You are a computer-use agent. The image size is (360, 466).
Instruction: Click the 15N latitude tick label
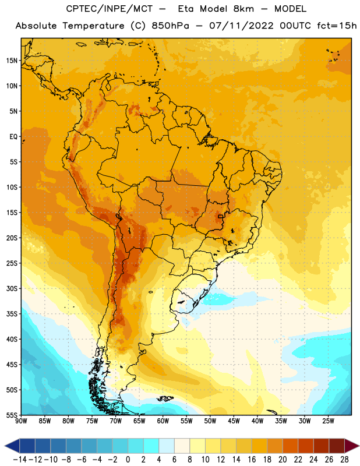pyautogui.click(x=12, y=61)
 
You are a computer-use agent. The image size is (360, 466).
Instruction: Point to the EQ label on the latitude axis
pyautogui.click(x=13, y=137)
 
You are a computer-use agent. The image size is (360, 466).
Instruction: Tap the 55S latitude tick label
pyautogui.click(x=12, y=415)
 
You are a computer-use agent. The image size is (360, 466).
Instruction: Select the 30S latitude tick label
pyautogui.click(x=12, y=288)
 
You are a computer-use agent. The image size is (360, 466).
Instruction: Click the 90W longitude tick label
pyautogui.click(x=21, y=421)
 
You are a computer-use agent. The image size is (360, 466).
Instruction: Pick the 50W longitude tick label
pyautogui.click(x=210, y=421)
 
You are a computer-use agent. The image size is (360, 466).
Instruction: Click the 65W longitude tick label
pyautogui.click(x=139, y=421)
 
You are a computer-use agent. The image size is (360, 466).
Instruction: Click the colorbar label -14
pyautogui.click(x=20, y=460)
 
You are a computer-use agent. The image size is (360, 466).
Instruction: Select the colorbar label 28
pyautogui.click(x=344, y=460)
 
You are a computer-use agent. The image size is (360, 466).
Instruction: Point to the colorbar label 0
pyautogui.click(x=128, y=460)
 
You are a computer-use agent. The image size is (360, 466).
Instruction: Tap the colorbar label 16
pyautogui.click(x=252, y=460)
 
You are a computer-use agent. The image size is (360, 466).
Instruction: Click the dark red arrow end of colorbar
pyautogui.click(x=351, y=446)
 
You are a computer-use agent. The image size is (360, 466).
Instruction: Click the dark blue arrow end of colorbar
pyautogui.click(x=12, y=446)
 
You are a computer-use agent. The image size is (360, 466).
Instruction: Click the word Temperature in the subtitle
pyautogui.click(x=93, y=26)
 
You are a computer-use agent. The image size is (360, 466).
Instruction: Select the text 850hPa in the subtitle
pyautogui.click(x=170, y=26)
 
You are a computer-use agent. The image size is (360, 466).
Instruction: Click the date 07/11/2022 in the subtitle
pyautogui.click(x=241, y=26)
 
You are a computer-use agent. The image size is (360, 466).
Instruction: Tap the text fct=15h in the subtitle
pyautogui.click(x=337, y=26)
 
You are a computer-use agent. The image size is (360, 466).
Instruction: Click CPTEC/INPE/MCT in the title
pyautogui.click(x=109, y=9)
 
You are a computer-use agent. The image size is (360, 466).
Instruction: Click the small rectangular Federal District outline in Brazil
pyautogui.click(x=220, y=216)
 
